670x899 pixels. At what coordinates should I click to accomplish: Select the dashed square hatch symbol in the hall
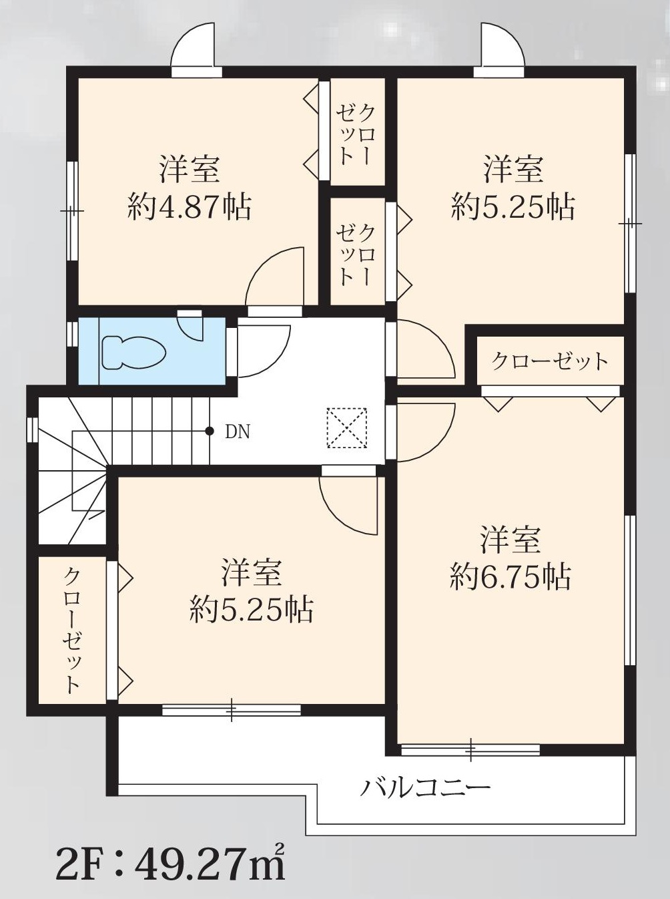tap(346, 428)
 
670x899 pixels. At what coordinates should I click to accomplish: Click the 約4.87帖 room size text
tap(190, 207)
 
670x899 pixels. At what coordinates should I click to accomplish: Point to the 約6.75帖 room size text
tap(511, 576)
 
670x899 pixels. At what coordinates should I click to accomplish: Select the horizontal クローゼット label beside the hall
tap(550, 361)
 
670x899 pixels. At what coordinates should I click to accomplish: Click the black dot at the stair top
tap(210, 431)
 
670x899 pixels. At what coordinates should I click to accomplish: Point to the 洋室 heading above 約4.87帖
tap(190, 169)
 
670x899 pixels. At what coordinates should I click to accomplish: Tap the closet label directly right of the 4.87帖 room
tap(356, 135)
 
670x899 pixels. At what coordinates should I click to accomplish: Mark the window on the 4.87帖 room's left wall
tap(72, 210)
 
